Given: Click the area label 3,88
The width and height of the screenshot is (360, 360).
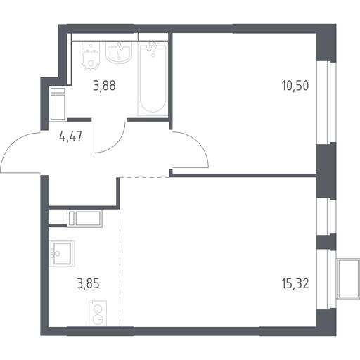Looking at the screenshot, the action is (x=104, y=86).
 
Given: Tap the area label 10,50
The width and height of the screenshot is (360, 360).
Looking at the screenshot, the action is (x=295, y=86).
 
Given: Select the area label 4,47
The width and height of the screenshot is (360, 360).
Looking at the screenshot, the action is (x=71, y=136).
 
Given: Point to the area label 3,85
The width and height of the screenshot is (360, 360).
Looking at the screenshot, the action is (x=88, y=283).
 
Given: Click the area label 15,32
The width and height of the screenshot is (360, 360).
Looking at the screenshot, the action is (x=295, y=283).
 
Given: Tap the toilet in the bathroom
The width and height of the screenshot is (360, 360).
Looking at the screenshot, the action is (x=91, y=56).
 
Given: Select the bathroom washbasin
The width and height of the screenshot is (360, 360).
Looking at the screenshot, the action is (x=119, y=53).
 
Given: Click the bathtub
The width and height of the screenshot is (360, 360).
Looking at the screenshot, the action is (x=153, y=79).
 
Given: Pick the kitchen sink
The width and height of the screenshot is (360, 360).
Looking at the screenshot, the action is (x=62, y=254).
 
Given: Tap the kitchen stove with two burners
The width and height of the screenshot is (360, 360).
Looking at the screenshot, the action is (x=98, y=313).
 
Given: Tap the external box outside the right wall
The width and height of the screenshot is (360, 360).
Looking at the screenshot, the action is (x=348, y=278).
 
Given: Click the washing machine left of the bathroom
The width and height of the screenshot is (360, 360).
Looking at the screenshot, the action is (x=58, y=104).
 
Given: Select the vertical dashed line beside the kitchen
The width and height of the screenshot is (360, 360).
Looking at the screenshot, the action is (x=120, y=267).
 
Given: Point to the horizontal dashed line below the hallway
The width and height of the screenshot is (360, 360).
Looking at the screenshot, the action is (x=145, y=177).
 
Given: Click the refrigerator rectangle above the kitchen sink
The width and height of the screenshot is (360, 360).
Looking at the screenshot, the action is (x=85, y=219).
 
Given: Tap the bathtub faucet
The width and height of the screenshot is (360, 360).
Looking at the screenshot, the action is (x=153, y=48).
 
